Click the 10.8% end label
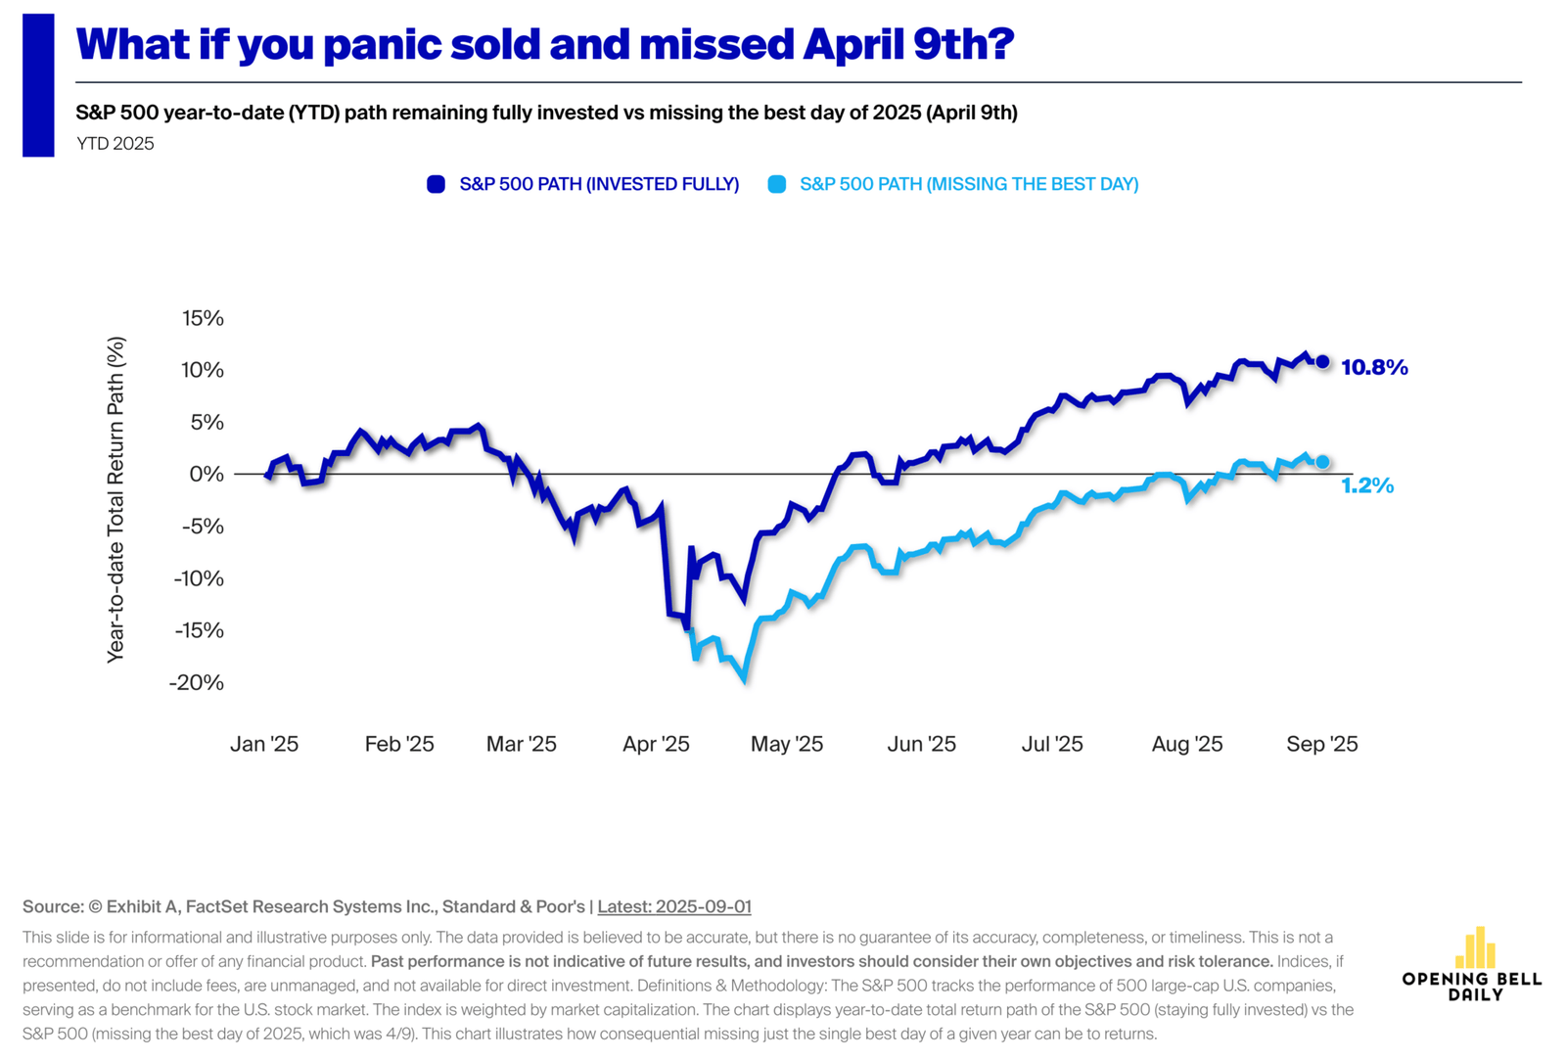pyautogui.click(x=1374, y=368)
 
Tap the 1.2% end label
pyautogui.click(x=1366, y=485)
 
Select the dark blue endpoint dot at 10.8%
pyautogui.click(x=1322, y=362)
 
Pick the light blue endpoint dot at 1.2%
pyautogui.click(x=1322, y=462)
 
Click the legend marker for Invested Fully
pyautogui.click(x=437, y=184)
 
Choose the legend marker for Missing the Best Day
pyautogui.click(x=777, y=184)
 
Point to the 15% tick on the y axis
pyautogui.click(x=203, y=318)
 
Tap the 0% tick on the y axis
pyautogui.click(x=207, y=474)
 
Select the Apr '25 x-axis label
pyautogui.click(x=656, y=744)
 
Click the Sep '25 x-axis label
pyautogui.click(x=1321, y=744)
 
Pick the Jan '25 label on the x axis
pyautogui.click(x=264, y=744)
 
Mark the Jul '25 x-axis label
pyautogui.click(x=1052, y=744)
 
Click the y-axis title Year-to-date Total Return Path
pyautogui.click(x=116, y=499)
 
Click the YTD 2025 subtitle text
pyautogui.click(x=115, y=144)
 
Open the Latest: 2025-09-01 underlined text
pyautogui.click(x=674, y=906)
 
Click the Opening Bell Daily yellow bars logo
pyautogui.click(x=1475, y=947)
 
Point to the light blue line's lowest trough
pyautogui.click(x=745, y=678)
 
